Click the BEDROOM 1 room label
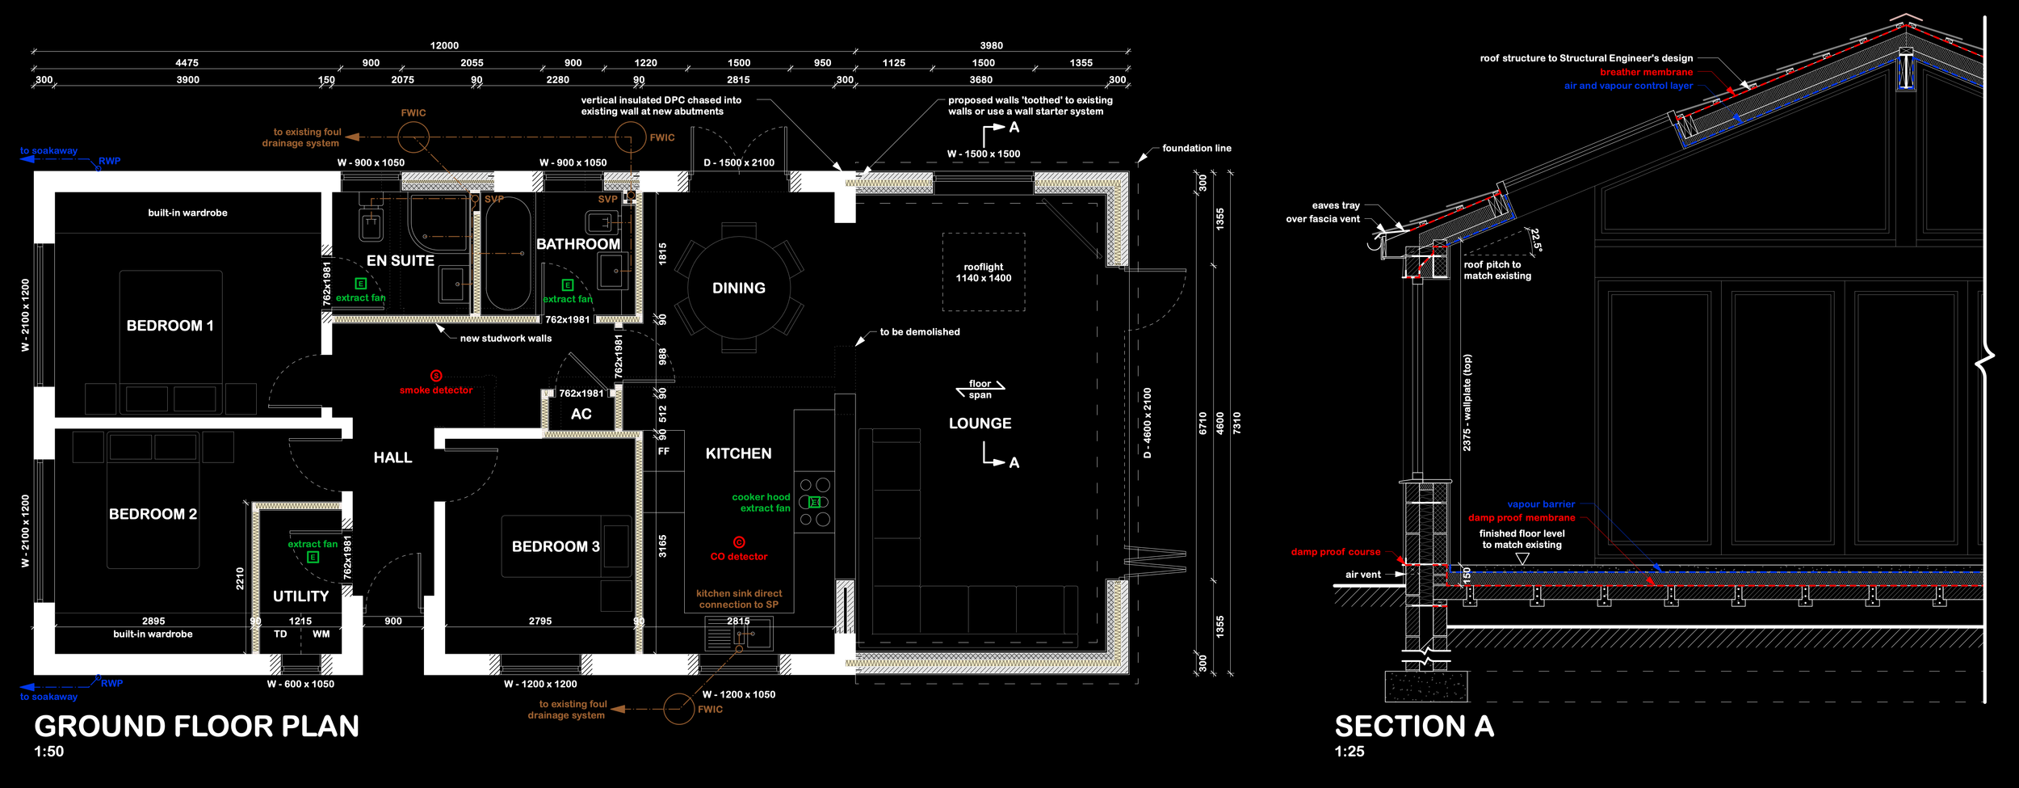click(x=170, y=326)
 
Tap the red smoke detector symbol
click(x=436, y=376)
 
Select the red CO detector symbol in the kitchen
click(x=739, y=542)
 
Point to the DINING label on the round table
click(x=739, y=288)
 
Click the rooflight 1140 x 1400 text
click(x=984, y=272)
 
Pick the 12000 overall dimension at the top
click(x=444, y=46)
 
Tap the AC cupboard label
click(x=581, y=415)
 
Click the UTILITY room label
click(x=300, y=596)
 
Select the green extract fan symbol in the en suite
click(x=361, y=284)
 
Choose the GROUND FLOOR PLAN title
click(x=196, y=727)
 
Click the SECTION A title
click(x=1414, y=727)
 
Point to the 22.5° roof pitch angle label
click(x=1536, y=240)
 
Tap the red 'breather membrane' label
click(x=1646, y=72)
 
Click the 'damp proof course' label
click(x=1336, y=552)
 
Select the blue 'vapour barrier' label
click(x=1541, y=504)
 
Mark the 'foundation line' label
click(x=1197, y=149)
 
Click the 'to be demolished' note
click(x=920, y=332)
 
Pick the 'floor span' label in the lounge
click(x=980, y=390)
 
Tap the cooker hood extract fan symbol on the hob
click(x=815, y=502)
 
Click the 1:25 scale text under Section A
click(x=1349, y=752)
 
